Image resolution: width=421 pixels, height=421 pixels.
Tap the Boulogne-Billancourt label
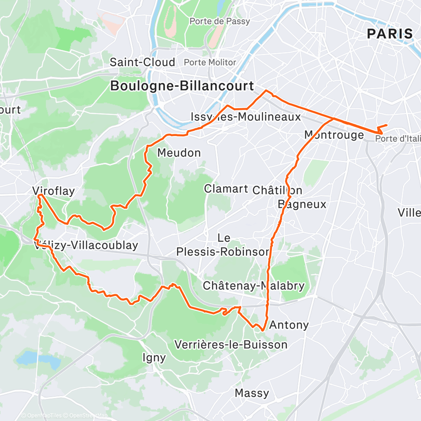(182, 86)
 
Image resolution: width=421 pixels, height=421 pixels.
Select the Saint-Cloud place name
(142, 62)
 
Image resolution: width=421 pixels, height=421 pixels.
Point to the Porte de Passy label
(213, 21)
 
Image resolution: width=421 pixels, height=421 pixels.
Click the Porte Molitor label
(210, 62)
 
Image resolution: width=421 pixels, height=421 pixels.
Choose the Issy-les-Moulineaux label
(246, 117)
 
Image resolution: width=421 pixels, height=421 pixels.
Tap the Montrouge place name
(334, 135)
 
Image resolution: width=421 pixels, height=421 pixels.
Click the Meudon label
(179, 153)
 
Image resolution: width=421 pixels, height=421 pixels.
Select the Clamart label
(226, 189)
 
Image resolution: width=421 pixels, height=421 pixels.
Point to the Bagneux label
(302, 205)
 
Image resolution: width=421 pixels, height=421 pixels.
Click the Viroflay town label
(53, 191)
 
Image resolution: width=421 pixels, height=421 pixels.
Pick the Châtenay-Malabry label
(253, 286)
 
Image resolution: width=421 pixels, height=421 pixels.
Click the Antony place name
(289, 325)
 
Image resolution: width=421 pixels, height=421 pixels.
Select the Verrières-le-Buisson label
(231, 345)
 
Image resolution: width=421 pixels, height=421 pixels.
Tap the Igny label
(154, 358)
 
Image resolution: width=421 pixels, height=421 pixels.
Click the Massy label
(252, 393)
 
